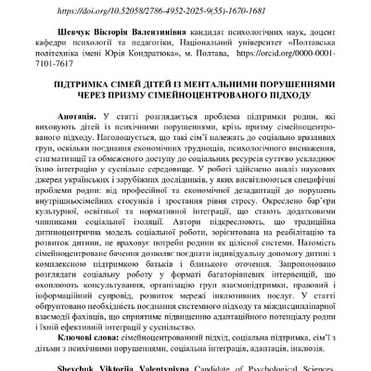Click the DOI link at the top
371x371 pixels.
[x=185, y=9]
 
